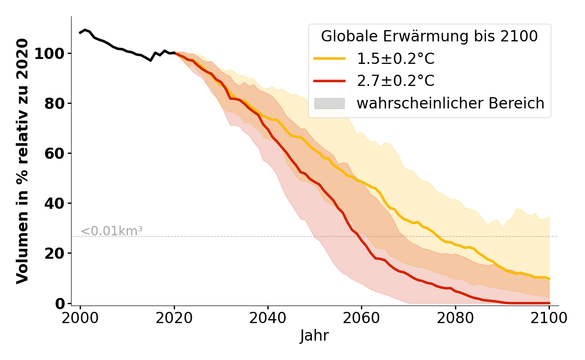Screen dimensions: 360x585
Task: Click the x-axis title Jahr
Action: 314,336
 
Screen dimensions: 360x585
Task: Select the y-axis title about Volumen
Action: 22,161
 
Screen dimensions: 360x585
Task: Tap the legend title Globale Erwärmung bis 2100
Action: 429,36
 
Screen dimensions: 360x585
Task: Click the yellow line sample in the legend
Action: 329,59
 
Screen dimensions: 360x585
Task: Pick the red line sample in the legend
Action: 329,81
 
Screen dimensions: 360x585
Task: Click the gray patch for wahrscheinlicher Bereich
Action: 329,103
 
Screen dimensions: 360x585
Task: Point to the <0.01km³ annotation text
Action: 112,231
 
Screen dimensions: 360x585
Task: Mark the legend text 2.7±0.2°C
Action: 396,81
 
